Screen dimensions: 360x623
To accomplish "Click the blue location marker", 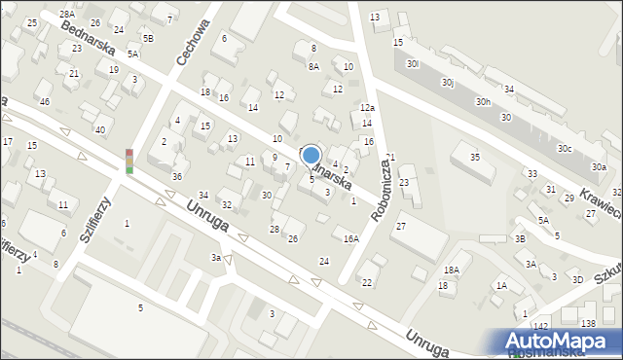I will click(311, 155).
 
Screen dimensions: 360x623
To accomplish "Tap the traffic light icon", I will click(128, 162).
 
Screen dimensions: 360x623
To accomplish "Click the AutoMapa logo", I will click(563, 341).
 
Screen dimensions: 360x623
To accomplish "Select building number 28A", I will click(66, 15).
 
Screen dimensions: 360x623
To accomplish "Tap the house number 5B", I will click(148, 38).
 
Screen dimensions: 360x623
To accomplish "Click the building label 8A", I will click(313, 67).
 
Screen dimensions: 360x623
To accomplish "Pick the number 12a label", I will click(367, 108).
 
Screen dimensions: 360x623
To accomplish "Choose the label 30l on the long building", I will click(414, 63).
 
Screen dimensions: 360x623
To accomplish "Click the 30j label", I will click(447, 83).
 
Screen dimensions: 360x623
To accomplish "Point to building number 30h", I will click(483, 101).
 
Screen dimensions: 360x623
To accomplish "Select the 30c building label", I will click(565, 148).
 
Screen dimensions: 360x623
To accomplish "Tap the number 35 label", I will click(475, 157).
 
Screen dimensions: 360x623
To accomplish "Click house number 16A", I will click(350, 238).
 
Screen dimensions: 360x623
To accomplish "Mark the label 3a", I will click(217, 257).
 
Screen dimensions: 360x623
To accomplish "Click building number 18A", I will click(451, 270).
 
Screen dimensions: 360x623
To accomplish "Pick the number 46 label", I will click(44, 101).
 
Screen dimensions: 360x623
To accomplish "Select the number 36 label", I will click(176, 176).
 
